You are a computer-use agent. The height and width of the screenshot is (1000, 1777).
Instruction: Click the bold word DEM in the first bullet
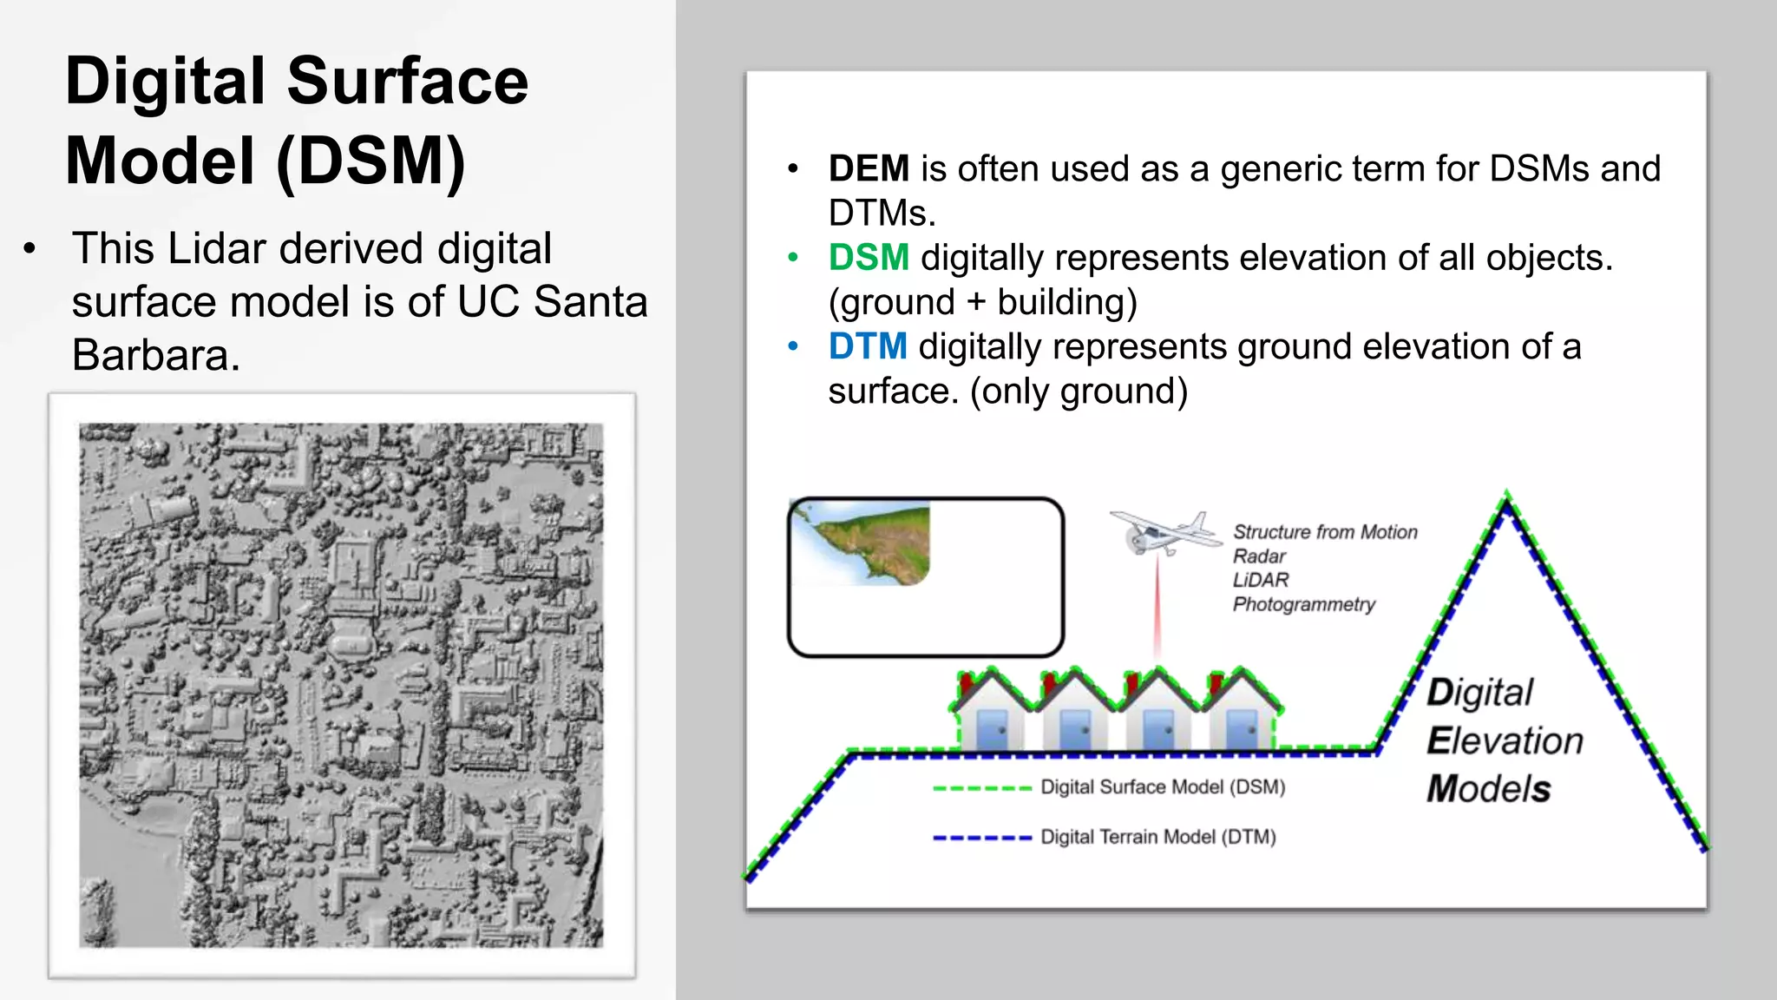[869, 168]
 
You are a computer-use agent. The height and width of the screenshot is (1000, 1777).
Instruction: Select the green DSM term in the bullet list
[869, 258]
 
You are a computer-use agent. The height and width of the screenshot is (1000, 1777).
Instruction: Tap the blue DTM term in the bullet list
[868, 346]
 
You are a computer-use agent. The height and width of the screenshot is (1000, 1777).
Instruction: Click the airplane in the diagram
[1164, 532]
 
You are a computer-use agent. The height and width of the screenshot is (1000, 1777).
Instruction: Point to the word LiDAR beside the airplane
[1261, 580]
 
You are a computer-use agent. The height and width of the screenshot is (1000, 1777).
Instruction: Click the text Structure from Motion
[1325, 532]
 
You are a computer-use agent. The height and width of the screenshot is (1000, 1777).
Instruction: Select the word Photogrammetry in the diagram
[1304, 604]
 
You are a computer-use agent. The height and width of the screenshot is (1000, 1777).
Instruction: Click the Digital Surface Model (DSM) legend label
[1163, 787]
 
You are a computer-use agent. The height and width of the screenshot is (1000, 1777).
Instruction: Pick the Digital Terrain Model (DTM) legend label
[1158, 838]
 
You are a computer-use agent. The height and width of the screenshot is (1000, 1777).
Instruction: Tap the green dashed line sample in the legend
[981, 788]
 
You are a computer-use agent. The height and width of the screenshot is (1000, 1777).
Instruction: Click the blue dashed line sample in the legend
[981, 839]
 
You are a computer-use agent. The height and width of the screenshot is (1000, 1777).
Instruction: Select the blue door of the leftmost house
[992, 730]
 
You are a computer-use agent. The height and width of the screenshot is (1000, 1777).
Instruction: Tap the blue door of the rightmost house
[1242, 730]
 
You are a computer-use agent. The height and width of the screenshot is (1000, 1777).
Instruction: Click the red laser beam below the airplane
[1157, 608]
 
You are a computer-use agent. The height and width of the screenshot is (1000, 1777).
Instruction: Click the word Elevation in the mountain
[1505, 741]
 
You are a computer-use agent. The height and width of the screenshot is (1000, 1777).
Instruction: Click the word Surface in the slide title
[407, 81]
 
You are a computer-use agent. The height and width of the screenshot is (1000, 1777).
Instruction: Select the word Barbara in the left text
[155, 355]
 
